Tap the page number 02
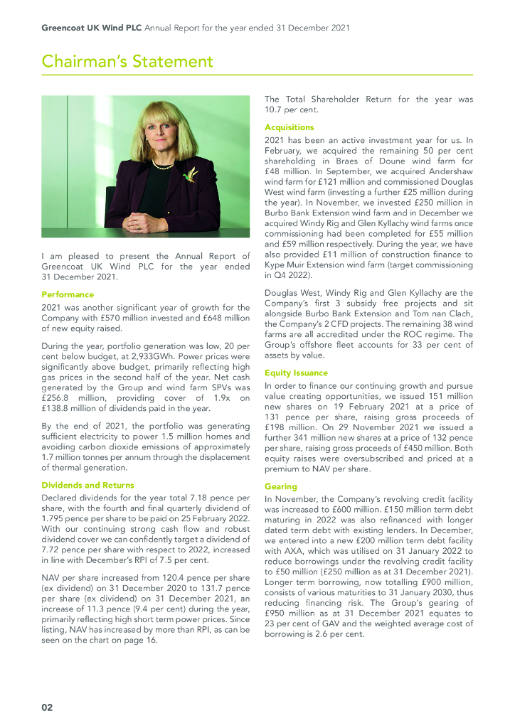(x=46, y=707)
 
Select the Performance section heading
(x=68, y=294)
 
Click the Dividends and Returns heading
(x=87, y=485)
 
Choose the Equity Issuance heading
(x=296, y=372)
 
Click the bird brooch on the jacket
(x=190, y=174)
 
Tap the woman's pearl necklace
(x=162, y=165)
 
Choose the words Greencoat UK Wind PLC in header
(x=92, y=28)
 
